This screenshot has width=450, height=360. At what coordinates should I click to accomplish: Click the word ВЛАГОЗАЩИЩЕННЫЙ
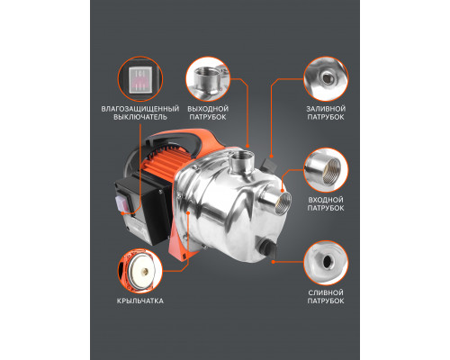click(x=140, y=109)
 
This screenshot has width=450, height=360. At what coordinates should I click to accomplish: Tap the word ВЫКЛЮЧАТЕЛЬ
click(x=140, y=117)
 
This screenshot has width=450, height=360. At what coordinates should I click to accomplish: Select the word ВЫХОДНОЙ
click(x=208, y=109)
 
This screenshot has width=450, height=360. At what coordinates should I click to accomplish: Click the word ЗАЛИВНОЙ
click(x=326, y=109)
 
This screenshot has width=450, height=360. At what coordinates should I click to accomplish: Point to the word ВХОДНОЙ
click(x=326, y=200)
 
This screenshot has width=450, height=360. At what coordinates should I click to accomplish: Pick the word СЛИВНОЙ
click(x=326, y=292)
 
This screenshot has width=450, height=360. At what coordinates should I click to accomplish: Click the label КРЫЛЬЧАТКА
click(x=140, y=301)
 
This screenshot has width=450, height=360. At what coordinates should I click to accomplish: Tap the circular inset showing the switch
click(x=140, y=79)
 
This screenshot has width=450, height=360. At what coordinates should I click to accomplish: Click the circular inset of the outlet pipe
click(x=208, y=79)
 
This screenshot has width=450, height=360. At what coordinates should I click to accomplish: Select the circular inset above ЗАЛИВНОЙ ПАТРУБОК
click(x=326, y=79)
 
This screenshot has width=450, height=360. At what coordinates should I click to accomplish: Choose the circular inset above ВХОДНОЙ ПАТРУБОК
click(x=326, y=170)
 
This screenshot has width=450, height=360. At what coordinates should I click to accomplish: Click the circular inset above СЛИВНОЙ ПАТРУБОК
click(x=326, y=263)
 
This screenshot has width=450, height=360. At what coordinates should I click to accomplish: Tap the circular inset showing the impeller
click(x=140, y=271)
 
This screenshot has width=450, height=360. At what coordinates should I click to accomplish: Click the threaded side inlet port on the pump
click(x=276, y=203)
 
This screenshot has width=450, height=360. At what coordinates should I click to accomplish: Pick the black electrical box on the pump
click(x=144, y=209)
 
